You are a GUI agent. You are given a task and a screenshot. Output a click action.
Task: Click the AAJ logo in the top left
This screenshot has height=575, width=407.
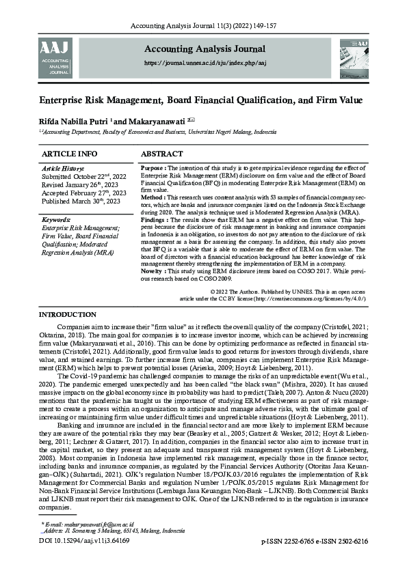(55, 57)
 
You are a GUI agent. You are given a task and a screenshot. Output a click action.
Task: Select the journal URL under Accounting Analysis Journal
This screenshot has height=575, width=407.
(205, 62)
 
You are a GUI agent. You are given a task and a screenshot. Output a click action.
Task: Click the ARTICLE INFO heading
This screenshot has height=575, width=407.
(69, 154)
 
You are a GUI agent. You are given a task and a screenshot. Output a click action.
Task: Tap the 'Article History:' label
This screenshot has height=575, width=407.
(63, 167)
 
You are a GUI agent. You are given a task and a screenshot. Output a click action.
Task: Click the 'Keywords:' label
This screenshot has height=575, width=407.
(56, 220)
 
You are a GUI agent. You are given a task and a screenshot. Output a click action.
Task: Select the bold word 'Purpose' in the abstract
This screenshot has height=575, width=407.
(152, 167)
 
